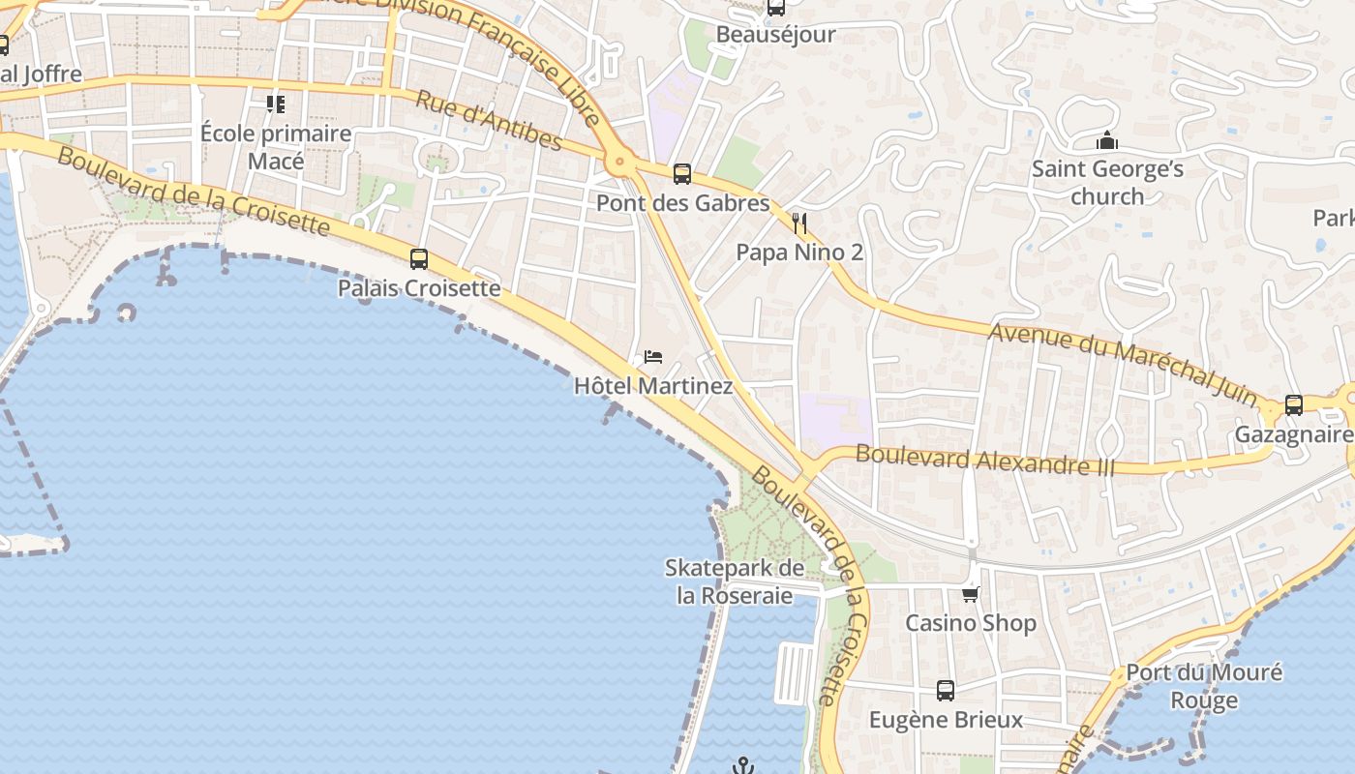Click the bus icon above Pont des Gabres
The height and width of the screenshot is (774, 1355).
(682, 174)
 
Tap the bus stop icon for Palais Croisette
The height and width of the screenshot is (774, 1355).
(419, 259)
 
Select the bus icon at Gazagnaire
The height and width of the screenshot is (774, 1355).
(1294, 405)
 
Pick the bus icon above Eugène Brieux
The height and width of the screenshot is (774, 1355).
(946, 691)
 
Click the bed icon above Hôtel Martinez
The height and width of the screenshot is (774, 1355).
(653, 357)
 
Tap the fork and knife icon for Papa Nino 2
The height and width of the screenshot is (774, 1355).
(799, 224)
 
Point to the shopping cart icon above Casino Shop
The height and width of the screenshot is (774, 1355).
(970, 594)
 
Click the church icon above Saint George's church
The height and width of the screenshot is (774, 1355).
(1107, 141)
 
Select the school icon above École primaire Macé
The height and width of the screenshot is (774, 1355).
(276, 104)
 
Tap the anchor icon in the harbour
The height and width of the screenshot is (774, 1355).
(743, 766)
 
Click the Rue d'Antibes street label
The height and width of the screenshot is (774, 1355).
(489, 121)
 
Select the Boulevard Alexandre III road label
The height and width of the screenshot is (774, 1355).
(985, 459)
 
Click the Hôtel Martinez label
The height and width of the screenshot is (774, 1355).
(653, 386)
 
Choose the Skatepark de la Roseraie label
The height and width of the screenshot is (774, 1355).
(735, 581)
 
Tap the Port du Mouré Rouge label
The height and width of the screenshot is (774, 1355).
(1204, 686)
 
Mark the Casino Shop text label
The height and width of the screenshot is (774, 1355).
(970, 623)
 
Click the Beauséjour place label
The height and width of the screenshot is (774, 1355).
(775, 35)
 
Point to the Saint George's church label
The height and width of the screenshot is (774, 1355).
(1107, 182)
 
